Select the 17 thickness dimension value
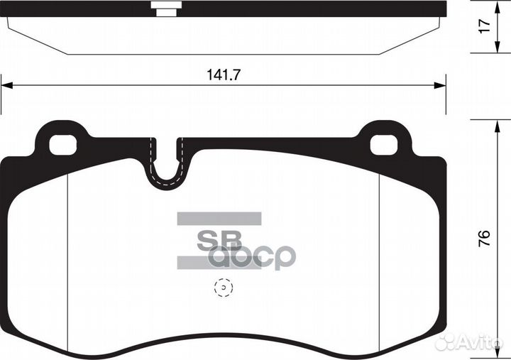pos(485,27)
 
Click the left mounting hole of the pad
pos(62,145)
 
